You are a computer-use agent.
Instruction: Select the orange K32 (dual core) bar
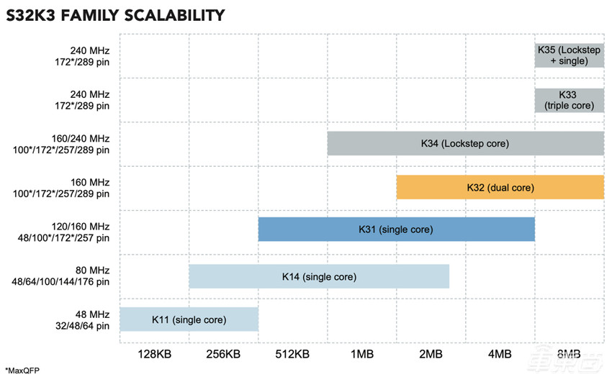pos(500,187)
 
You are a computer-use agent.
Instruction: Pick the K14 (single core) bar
pos(319,276)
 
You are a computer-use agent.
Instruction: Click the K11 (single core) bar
pos(189,319)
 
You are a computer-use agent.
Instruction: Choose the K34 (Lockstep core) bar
pos(465,143)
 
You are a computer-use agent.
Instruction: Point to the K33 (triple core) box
pos(569,100)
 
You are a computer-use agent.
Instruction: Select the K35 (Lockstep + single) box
pos(569,55)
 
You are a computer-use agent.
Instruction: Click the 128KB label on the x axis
pos(154,354)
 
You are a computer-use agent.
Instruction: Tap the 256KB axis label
pos(223,354)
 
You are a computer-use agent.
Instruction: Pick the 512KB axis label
pos(292,354)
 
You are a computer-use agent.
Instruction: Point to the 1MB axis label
pos(361,354)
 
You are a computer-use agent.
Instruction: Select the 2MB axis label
pos(431,354)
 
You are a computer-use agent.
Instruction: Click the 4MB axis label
pos(500,354)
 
